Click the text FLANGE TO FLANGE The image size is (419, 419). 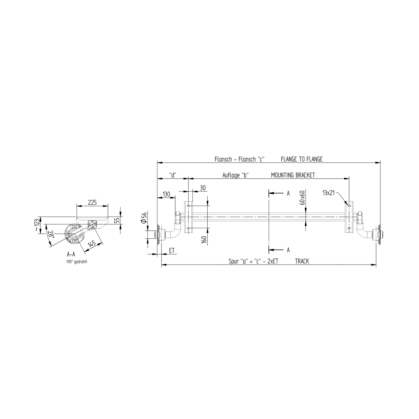pos(302,159)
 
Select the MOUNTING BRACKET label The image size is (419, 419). pos(293,175)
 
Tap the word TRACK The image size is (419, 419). pos(302,261)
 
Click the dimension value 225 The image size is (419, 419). pos(92,202)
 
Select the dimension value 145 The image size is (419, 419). pos(91,245)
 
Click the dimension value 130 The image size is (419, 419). pos(166,194)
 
